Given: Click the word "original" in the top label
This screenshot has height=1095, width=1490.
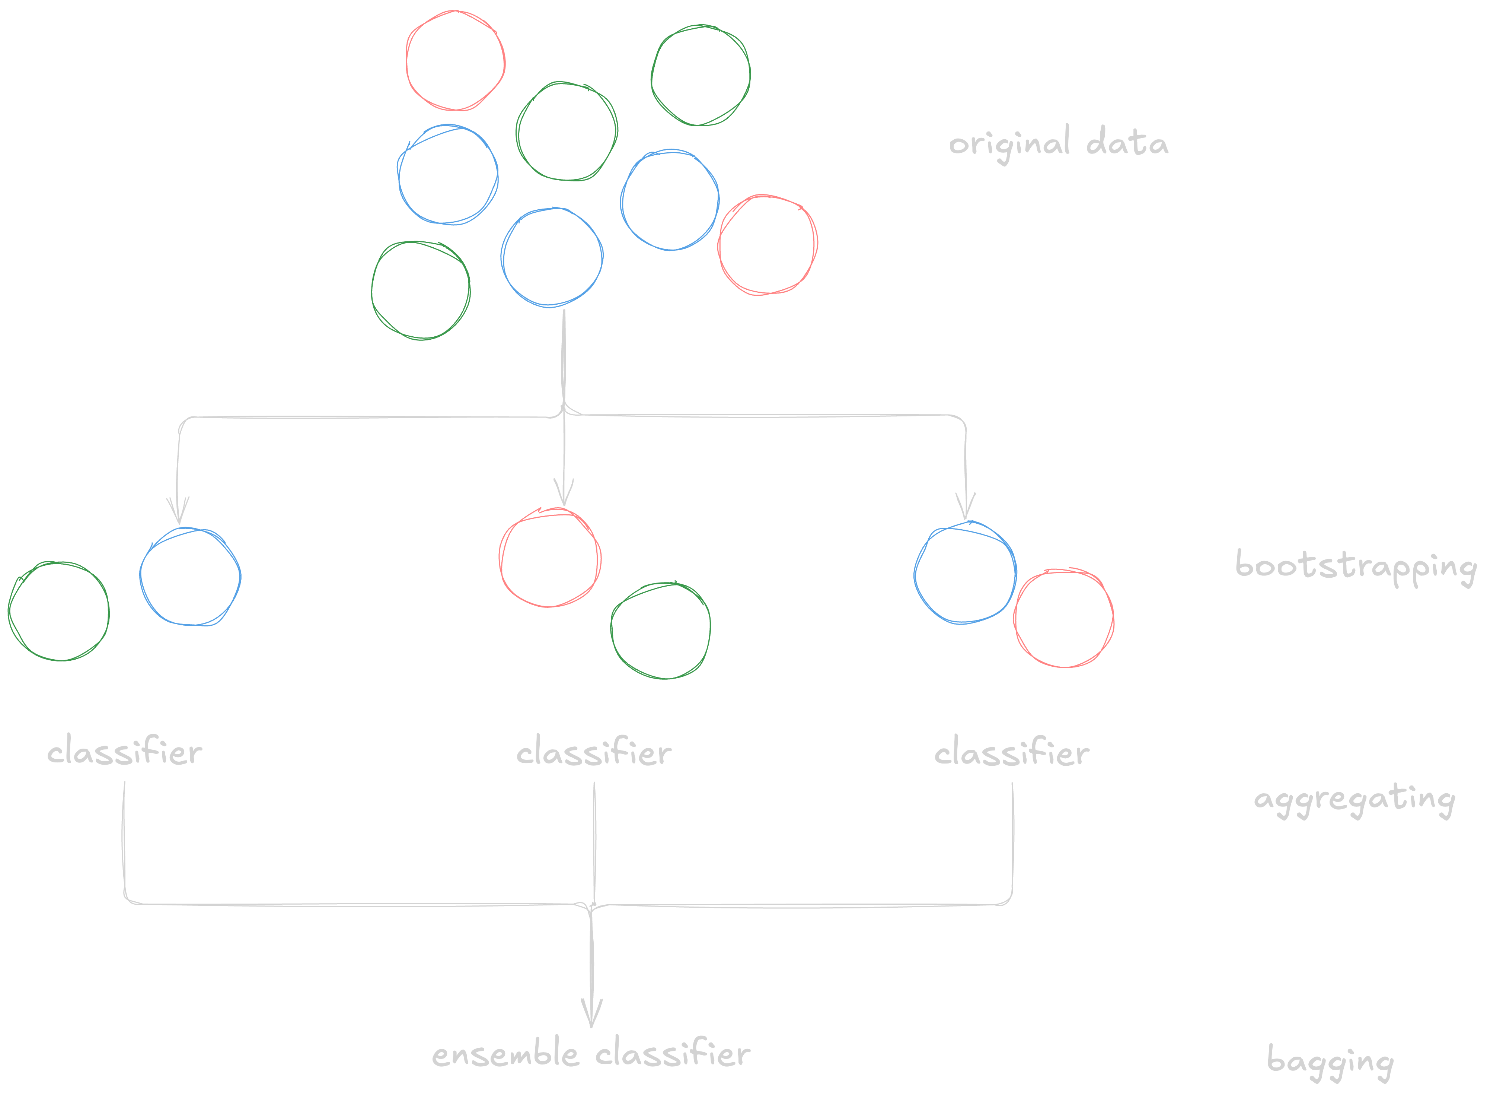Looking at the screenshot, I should [1008, 144].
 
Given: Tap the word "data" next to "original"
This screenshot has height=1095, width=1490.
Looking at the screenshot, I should [1127, 143].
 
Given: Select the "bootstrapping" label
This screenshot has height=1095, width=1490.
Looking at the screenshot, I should [1356, 567].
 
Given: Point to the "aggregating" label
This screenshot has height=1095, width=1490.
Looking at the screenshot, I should [1354, 800].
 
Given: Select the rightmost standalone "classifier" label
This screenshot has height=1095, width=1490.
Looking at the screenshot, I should [1012, 752].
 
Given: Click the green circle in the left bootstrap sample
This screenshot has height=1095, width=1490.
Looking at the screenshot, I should [58, 611].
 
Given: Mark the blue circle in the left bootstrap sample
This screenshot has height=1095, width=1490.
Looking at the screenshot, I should [190, 577].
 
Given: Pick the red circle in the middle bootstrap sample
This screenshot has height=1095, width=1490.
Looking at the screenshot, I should [550, 558].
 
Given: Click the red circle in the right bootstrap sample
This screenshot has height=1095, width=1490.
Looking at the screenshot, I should [1063, 618].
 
